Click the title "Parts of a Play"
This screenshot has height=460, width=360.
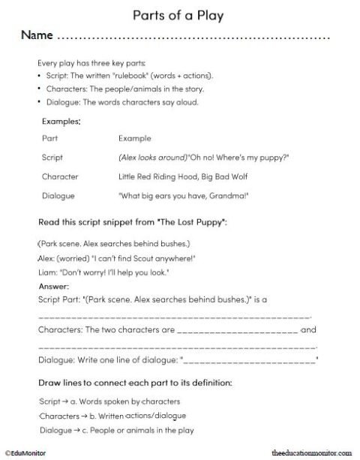pyautogui.click(x=180, y=14)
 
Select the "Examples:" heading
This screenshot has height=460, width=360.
pyautogui.click(x=61, y=120)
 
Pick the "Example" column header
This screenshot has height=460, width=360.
pyautogui.click(x=134, y=139)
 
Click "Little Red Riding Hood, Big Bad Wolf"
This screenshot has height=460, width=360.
pyautogui.click(x=174, y=177)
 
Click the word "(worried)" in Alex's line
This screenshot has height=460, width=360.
pyautogui.click(x=74, y=258)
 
